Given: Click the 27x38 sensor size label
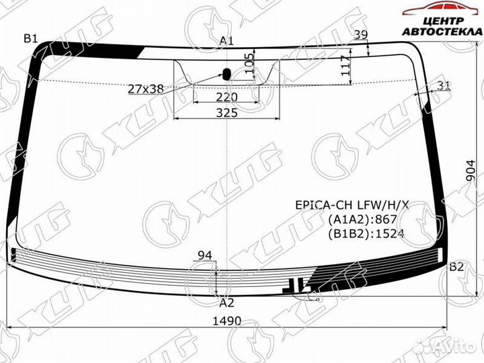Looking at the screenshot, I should pyautogui.click(x=145, y=87).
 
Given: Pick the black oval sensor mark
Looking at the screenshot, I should pyautogui.click(x=227, y=73).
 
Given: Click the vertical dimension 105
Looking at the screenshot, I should pyautogui.click(x=249, y=66).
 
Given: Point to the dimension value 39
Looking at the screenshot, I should pyautogui.click(x=361, y=35).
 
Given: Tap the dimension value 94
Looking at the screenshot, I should pyautogui.click(x=204, y=255).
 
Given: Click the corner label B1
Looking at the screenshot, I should pyautogui.click(x=31, y=38).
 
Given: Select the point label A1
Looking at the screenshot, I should pyautogui.click(x=227, y=41).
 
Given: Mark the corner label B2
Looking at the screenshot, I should pyautogui.click(x=456, y=267).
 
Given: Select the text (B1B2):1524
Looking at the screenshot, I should pyautogui.click(x=366, y=234).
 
